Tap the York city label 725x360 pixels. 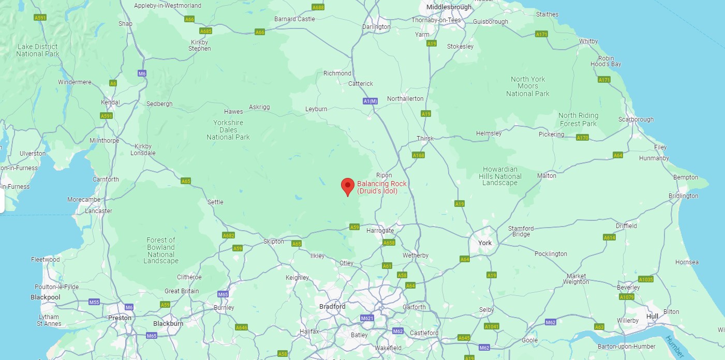click(485, 243)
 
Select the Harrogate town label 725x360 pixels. click(380, 230)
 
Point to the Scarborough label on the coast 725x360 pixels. click(636, 119)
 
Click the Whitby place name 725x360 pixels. click(588, 41)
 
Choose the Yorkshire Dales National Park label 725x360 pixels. click(228, 130)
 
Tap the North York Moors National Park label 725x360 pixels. click(528, 86)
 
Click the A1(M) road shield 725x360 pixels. click(370, 101)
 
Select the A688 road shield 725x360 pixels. click(318, 7)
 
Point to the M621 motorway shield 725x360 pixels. click(367, 318)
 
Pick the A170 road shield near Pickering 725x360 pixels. click(583, 138)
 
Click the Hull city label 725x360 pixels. click(653, 316)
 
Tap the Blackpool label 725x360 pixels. click(46, 297)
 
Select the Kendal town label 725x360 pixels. click(110, 102)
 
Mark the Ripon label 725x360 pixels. click(384, 175)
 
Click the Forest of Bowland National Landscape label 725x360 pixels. click(161, 250)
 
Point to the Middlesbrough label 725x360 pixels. click(449, 7)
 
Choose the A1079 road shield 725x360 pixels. click(626, 297)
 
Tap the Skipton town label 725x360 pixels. click(274, 242)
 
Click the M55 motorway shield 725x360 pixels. click(94, 302)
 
